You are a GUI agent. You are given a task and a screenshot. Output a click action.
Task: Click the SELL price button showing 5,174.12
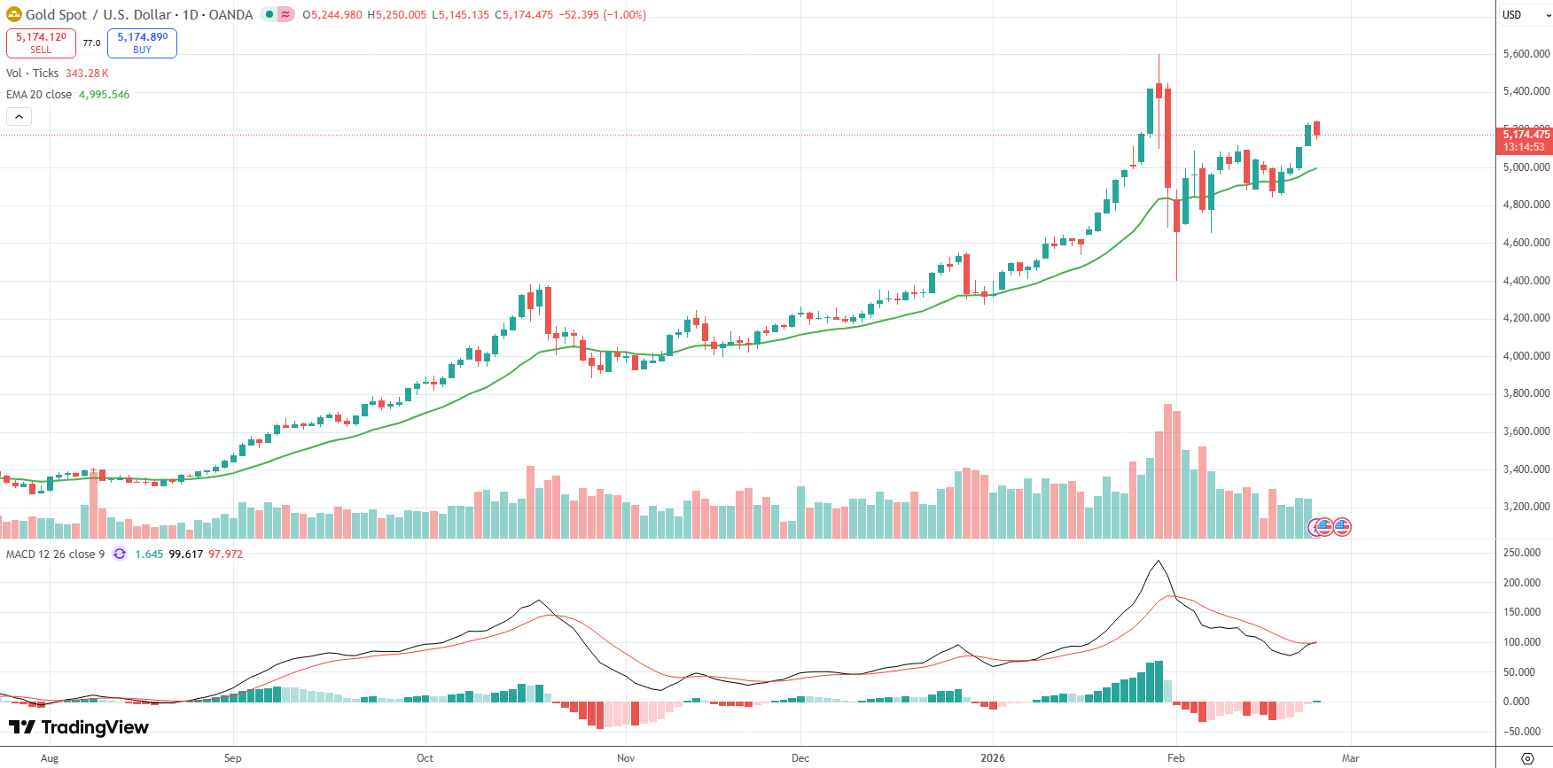coord(41,43)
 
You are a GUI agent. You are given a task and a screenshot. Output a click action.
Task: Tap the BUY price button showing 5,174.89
coord(142,43)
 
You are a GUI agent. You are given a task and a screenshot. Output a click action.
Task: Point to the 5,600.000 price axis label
coord(1526,54)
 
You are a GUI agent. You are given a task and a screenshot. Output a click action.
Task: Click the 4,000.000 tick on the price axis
coord(1526,356)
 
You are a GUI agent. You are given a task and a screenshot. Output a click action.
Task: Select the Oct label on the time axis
coord(425,758)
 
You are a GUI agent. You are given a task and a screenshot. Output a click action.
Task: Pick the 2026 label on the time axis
coord(993,758)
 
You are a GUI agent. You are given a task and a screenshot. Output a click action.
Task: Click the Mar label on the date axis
coord(1350,758)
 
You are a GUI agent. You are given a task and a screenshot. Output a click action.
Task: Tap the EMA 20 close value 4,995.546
coord(104,95)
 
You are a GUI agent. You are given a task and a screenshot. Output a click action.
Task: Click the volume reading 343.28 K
coord(87,74)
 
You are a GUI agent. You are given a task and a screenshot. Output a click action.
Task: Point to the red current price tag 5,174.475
coord(1526,136)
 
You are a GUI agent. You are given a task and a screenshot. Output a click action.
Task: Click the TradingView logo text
coord(79,727)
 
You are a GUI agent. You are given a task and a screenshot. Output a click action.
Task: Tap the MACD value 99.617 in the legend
coord(186,555)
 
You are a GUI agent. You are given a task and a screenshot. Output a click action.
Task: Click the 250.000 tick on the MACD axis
coord(1522,553)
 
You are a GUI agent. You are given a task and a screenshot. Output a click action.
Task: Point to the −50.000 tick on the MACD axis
coord(1521,732)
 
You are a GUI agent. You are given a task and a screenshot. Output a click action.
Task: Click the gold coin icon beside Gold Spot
coord(14,15)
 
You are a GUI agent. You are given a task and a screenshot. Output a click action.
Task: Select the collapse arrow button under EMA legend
coord(19,117)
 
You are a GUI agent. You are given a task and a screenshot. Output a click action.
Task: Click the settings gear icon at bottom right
coord(1527,758)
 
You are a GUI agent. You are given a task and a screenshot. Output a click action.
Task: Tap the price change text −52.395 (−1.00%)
coord(602,15)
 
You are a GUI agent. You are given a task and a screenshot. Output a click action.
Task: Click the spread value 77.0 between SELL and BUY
coord(91,43)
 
